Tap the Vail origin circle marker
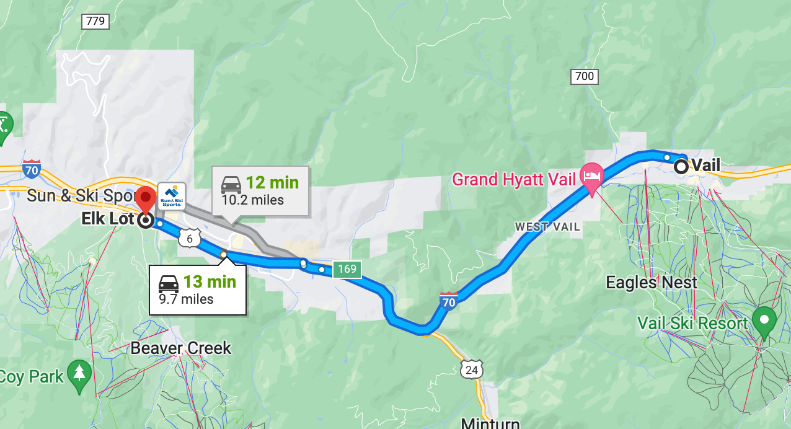pos(681,166)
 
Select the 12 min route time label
pos(272,183)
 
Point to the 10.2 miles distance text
pos(253,200)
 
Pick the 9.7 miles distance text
pos(186,299)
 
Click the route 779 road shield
pos(95,22)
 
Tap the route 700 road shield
pos(584,77)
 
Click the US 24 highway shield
pos(471,369)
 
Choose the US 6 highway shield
pos(190,237)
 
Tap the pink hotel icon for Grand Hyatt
pos(591,175)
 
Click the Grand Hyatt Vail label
pos(514,180)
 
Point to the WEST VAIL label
pos(547,227)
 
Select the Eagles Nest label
pos(651,283)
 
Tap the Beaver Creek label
pos(180,348)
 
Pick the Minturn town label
pos(490,423)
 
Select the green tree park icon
pos(79,374)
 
